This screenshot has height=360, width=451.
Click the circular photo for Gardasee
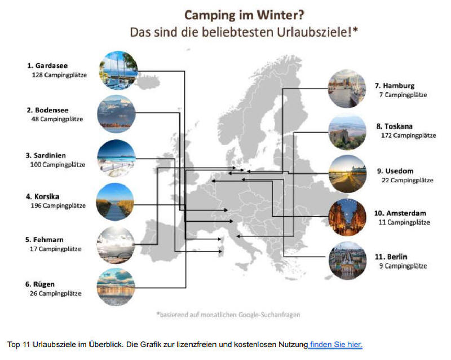118,71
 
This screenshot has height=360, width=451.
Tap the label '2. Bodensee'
48,110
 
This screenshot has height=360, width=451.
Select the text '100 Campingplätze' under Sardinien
58,165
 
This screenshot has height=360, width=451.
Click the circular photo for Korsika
115,202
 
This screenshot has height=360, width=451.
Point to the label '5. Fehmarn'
45,240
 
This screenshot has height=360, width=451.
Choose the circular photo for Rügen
116,287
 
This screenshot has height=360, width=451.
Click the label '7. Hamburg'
395,86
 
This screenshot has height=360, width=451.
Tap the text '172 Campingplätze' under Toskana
408,135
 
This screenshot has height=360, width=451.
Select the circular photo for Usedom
347,174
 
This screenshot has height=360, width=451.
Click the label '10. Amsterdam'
400,213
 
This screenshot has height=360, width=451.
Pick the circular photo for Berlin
347,261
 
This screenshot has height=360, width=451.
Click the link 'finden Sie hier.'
336,344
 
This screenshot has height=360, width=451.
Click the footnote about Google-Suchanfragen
228,314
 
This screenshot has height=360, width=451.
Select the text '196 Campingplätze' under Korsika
58,205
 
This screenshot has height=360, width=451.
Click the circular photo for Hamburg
347,89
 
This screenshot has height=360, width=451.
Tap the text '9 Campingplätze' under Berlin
403,266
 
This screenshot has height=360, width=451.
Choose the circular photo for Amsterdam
347,217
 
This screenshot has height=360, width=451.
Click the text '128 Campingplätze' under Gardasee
59,75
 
